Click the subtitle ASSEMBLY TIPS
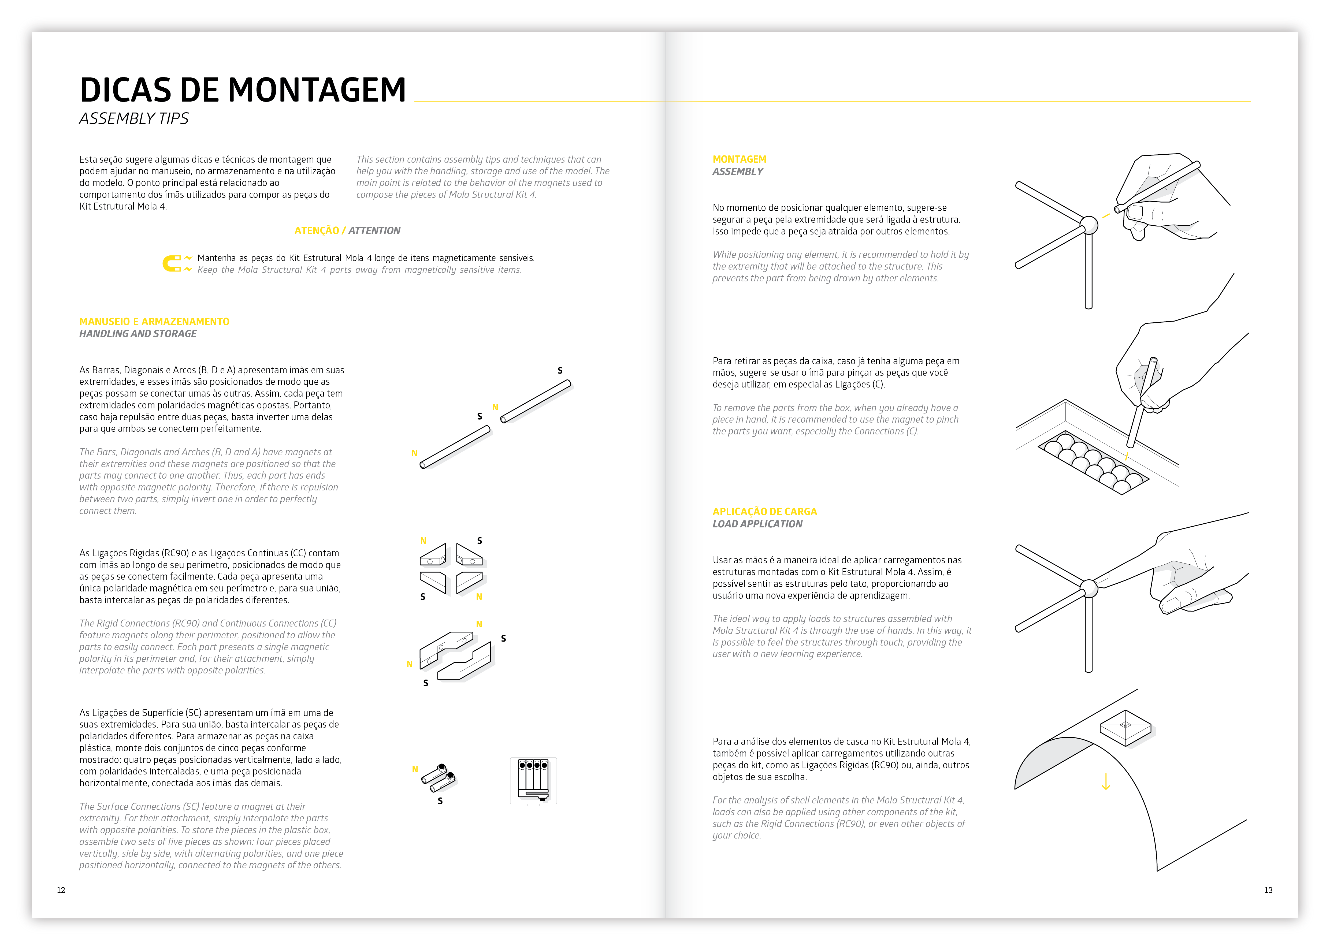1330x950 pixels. point(134,119)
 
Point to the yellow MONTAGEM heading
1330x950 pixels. point(739,159)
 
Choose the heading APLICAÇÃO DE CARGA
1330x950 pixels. point(764,511)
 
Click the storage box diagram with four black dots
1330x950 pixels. point(533,781)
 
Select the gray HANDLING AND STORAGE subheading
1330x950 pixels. point(138,333)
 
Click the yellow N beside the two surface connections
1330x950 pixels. point(415,769)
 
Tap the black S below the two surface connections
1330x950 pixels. point(440,801)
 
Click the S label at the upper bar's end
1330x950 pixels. point(560,370)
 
